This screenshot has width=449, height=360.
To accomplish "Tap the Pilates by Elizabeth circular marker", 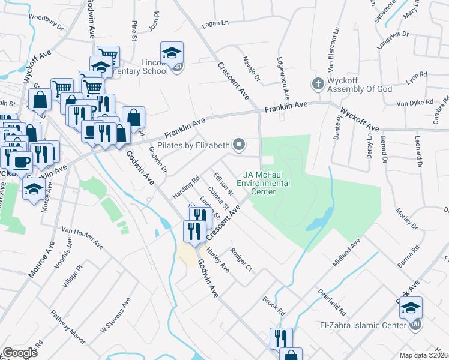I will tap(239, 144).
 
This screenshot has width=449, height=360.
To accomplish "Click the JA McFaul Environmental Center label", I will tap(263, 183).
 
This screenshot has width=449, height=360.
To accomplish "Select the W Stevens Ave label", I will tap(115, 318).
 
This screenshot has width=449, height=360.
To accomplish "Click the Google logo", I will tap(20, 353).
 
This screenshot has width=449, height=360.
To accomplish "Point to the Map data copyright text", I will tap(424, 355).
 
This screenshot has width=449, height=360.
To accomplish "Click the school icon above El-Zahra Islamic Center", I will tap(411, 308).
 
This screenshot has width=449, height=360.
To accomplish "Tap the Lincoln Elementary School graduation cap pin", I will tap(172, 52).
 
